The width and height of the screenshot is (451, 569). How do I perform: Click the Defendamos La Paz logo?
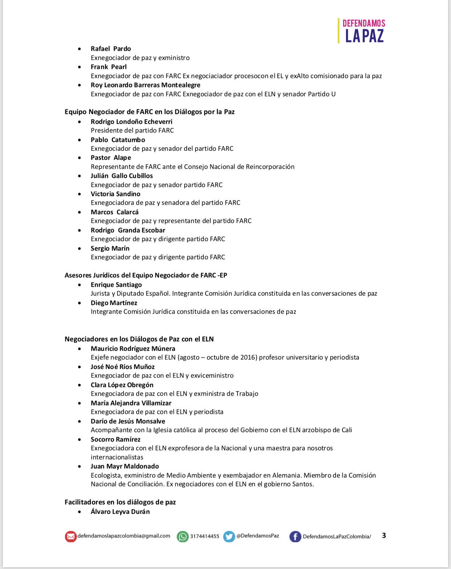pyautogui.click(x=362, y=31)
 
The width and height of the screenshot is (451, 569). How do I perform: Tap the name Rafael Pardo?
pyautogui.click(x=111, y=49)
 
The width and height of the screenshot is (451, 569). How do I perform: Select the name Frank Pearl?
pyautogui.click(x=109, y=67)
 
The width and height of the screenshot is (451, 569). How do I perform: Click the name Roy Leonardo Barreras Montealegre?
pyautogui.click(x=145, y=85)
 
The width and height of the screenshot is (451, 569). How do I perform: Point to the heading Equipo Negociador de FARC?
pyautogui.click(x=149, y=112)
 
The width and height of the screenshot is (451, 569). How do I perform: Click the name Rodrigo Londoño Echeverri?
pyautogui.click(x=131, y=122)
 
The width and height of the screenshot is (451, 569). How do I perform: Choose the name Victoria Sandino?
pyautogui.click(x=115, y=194)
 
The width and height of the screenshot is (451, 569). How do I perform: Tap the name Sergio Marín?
pyautogui.click(x=110, y=248)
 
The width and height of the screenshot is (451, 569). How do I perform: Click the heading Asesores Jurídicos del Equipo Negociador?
pyautogui.click(x=146, y=275)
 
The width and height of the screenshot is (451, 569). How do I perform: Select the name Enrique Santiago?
pyautogui.click(x=116, y=285)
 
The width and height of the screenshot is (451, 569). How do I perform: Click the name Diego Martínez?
pyautogui.click(x=114, y=303)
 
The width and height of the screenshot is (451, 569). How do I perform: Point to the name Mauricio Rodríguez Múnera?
pyautogui.click(x=133, y=349)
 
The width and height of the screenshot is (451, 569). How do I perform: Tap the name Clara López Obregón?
pyautogui.click(x=122, y=385)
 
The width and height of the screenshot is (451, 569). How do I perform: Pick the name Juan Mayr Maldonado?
pyautogui.click(x=125, y=466)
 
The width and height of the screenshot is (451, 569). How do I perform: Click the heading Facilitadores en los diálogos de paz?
pyautogui.click(x=120, y=502)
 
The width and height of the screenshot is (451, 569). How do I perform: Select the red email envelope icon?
pyautogui.click(x=70, y=536)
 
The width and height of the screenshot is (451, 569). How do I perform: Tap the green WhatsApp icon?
pyautogui.click(x=183, y=536)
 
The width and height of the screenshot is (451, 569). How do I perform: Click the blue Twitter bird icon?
pyautogui.click(x=229, y=536)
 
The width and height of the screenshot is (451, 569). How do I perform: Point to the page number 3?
pyautogui.click(x=384, y=535)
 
